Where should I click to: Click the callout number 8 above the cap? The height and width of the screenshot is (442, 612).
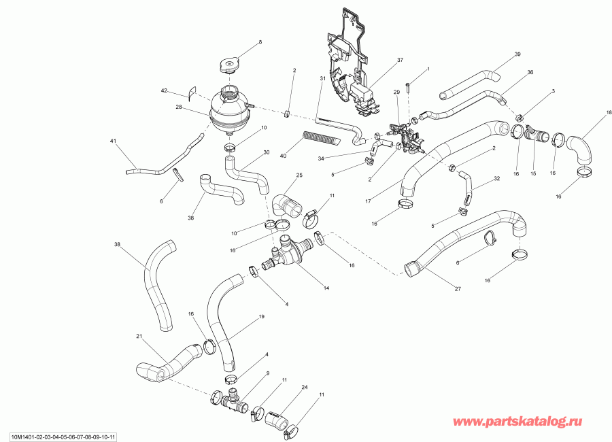coord(258,43)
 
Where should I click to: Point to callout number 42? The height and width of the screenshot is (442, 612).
coord(164,90)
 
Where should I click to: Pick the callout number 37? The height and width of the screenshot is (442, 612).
coord(400,61)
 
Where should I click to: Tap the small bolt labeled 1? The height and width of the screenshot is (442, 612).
coord(408,86)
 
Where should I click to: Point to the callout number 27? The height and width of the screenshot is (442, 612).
coord(457,288)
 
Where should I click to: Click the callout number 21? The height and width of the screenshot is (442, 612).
coord(139,337)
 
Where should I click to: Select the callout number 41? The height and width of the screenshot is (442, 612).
coord(114,141)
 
